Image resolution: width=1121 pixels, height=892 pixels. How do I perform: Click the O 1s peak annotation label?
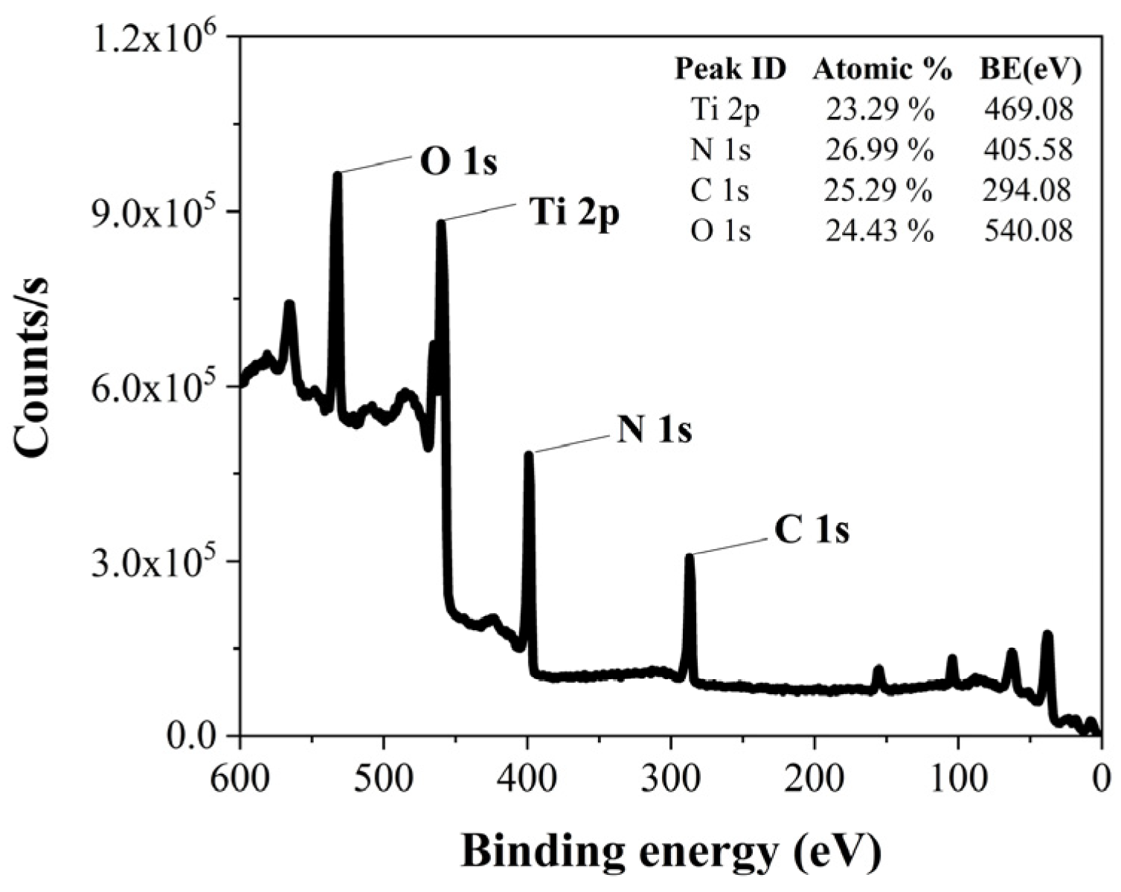(458, 163)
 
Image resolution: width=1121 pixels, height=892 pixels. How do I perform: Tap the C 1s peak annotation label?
(812, 530)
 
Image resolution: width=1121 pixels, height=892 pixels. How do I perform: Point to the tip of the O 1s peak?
(337, 174)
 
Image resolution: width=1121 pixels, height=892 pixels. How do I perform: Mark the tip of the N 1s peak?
(529, 453)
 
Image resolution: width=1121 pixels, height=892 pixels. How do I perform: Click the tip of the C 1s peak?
(690, 556)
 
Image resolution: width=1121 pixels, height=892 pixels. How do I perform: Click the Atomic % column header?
(882, 69)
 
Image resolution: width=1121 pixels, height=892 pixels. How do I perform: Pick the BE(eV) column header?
(1030, 69)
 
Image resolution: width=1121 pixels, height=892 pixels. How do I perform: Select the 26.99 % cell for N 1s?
(879, 150)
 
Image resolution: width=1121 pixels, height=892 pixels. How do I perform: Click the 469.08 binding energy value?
(1029, 110)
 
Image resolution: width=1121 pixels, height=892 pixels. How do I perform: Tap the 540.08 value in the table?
(1029, 231)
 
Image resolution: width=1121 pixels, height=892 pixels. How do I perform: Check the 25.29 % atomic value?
(878, 190)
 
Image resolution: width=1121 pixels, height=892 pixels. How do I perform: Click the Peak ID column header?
(730, 69)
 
